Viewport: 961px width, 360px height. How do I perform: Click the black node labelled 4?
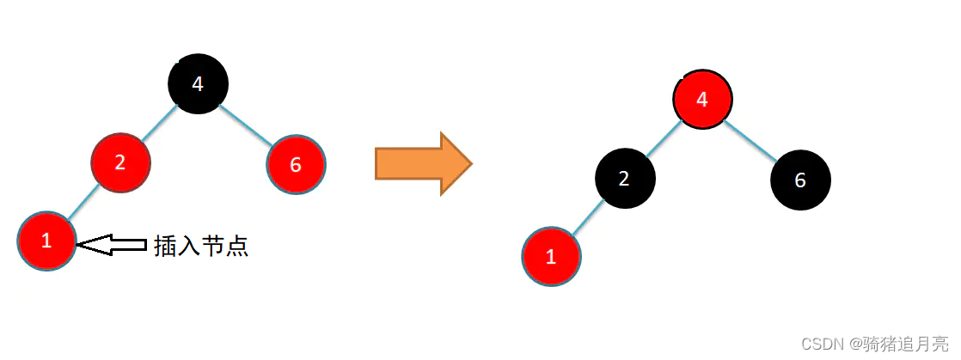click(x=198, y=84)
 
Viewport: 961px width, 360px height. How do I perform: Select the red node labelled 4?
click(x=702, y=99)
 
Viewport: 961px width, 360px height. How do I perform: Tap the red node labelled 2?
click(x=120, y=162)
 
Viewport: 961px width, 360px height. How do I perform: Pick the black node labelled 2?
click(x=625, y=179)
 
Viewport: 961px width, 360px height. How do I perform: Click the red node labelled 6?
click(x=296, y=164)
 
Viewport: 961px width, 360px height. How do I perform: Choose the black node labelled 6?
click(x=800, y=180)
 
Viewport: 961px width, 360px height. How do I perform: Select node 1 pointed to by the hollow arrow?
click(x=46, y=241)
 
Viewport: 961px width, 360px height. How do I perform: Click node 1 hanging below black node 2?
click(x=551, y=256)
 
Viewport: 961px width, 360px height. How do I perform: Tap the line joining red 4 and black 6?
click(x=750, y=139)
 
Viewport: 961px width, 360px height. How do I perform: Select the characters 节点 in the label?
click(x=225, y=247)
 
